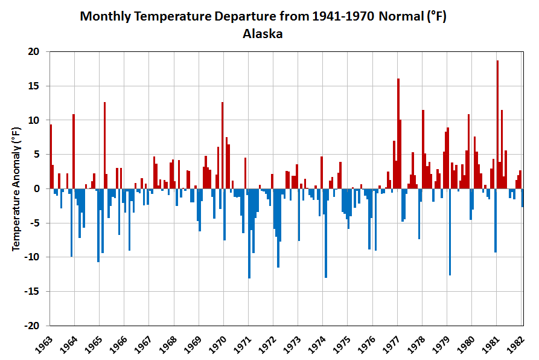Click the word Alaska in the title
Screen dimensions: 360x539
pos(263,34)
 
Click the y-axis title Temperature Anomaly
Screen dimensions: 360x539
pos(17,189)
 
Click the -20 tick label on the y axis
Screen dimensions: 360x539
pos(32,325)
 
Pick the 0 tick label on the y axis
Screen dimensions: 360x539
pos(37,188)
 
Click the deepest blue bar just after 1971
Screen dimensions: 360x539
pos(249,233)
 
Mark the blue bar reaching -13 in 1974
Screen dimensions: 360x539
pos(326,233)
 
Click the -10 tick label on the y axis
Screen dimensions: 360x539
pos(32,257)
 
